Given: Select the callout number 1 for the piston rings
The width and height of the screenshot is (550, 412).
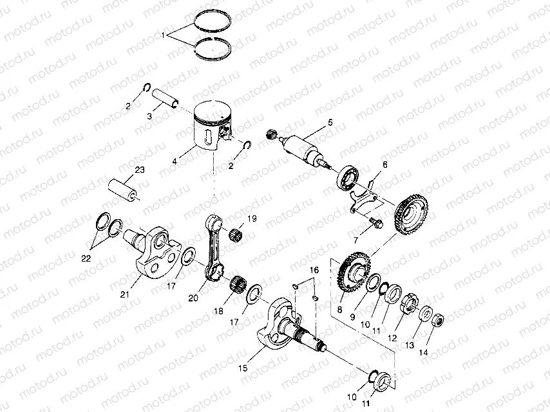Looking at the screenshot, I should click(x=164, y=33).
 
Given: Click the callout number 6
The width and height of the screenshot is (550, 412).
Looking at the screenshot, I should click(x=385, y=165).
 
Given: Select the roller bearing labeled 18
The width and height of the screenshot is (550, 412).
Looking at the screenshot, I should click(x=239, y=282).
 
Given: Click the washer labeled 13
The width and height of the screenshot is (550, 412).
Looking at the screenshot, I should click(x=425, y=314).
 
